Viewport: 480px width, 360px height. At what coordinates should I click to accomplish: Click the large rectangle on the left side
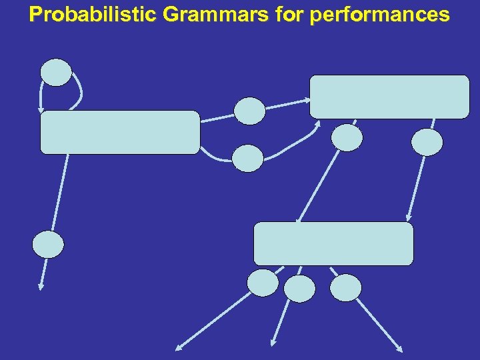pyautogui.click(x=120, y=132)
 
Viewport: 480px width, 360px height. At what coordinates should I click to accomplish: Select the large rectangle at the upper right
pyautogui.click(x=389, y=97)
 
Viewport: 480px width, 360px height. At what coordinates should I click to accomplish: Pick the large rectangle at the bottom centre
pyautogui.click(x=333, y=243)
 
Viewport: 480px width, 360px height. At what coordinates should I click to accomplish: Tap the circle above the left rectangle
pyautogui.click(x=57, y=73)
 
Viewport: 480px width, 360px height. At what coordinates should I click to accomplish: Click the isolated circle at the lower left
pyautogui.click(x=49, y=245)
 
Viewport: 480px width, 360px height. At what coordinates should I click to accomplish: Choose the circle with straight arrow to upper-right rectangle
pyautogui.click(x=250, y=111)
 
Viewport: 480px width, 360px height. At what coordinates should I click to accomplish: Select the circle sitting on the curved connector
pyautogui.click(x=248, y=158)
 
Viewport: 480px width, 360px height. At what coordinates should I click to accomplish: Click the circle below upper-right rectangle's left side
pyautogui.click(x=347, y=138)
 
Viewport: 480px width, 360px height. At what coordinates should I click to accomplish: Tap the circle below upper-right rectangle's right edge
pyautogui.click(x=427, y=142)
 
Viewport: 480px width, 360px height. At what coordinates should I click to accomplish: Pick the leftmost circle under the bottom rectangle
pyautogui.click(x=263, y=283)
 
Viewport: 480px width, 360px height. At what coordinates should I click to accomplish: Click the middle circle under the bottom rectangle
pyautogui.click(x=299, y=289)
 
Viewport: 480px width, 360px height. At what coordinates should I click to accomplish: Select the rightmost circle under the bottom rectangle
pyautogui.click(x=345, y=288)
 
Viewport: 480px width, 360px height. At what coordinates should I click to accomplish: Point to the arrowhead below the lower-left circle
pyautogui.click(x=41, y=287)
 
